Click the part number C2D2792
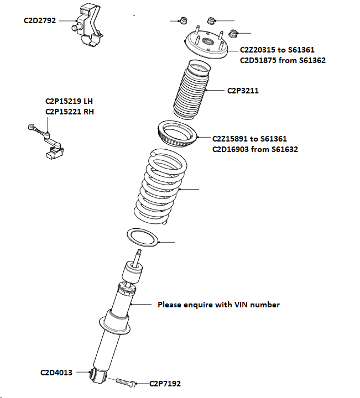point(40,20)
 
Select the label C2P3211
point(243,90)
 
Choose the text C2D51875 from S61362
point(282,60)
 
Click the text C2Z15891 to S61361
point(249,139)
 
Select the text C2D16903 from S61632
point(255,149)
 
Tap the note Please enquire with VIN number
point(218,305)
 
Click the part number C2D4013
point(56,373)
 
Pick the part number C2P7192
point(165,383)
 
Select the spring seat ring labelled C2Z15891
point(177,134)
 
